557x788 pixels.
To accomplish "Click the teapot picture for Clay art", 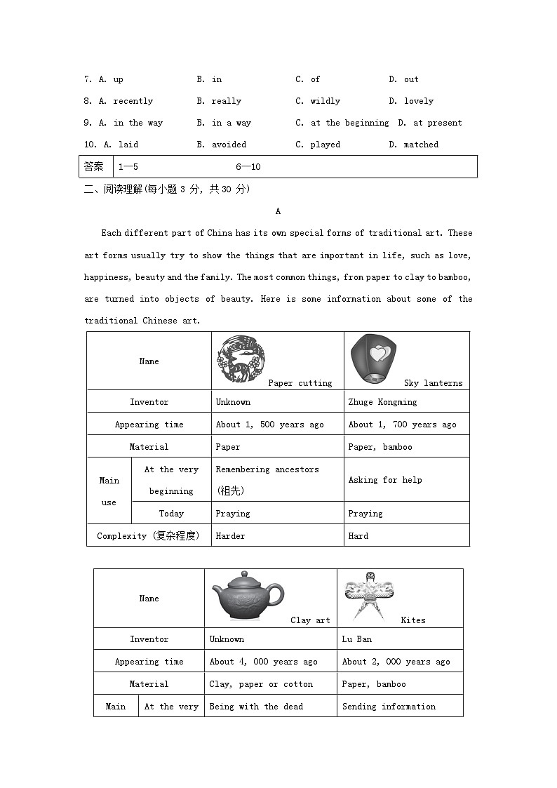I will click(248, 595).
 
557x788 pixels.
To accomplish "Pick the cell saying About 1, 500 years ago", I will click(269, 425).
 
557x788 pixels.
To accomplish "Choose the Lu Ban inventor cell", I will click(357, 639).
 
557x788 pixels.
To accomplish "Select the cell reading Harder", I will click(230, 535).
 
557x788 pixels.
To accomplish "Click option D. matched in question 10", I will click(414, 145).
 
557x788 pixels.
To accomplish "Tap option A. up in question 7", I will click(111, 79).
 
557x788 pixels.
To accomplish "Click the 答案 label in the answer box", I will click(93, 167).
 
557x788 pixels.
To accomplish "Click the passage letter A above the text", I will click(278, 211).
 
